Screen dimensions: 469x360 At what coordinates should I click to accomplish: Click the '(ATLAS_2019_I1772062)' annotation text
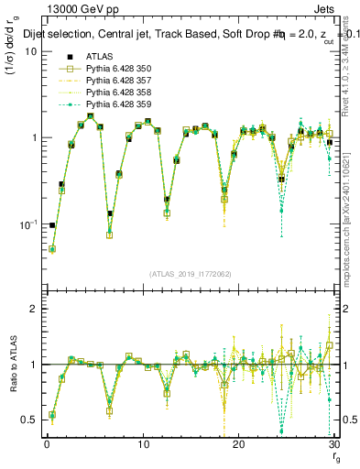click(x=189, y=274)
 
